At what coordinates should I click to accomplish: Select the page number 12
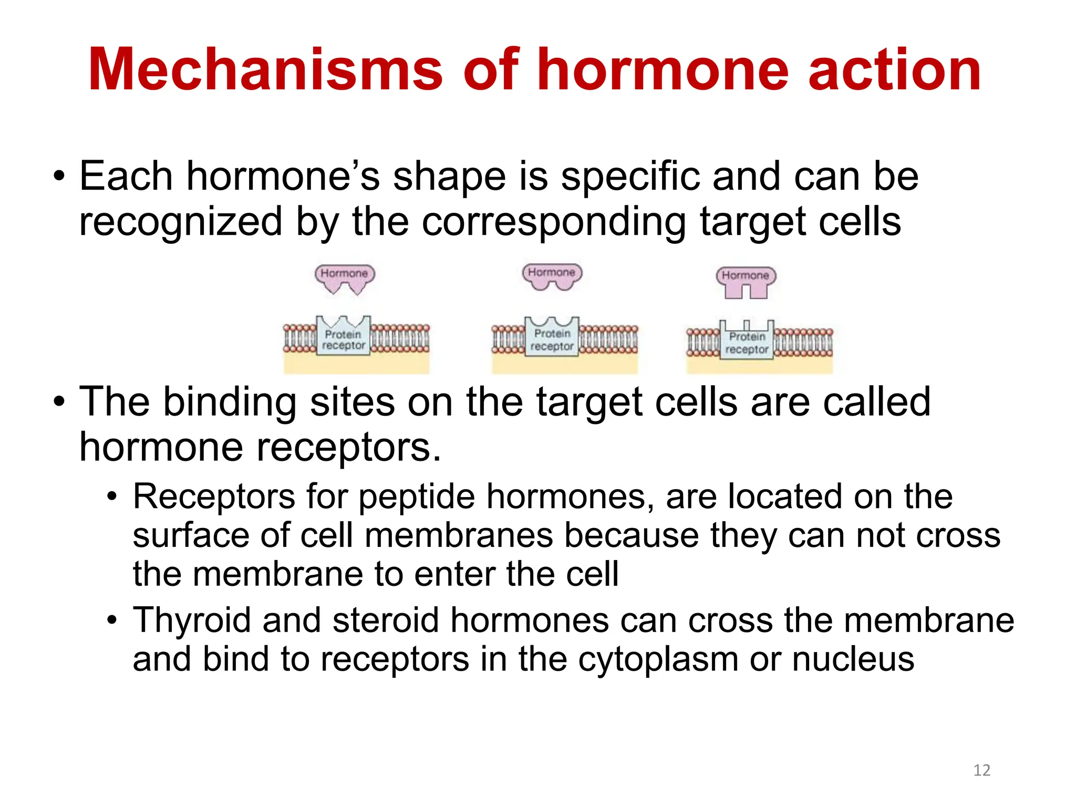pos(981,770)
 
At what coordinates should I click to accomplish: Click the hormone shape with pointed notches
pos(345,278)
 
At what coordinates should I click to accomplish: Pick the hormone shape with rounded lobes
pos(552,276)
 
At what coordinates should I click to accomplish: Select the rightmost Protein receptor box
pos(747,342)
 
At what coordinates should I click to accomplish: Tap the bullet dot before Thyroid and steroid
pos(111,621)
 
